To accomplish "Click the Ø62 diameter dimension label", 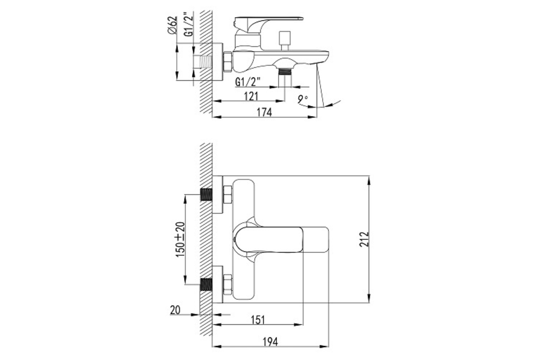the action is [172, 25].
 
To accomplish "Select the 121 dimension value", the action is [251, 97].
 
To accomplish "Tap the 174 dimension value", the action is [264, 112].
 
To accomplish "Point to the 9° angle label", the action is [303, 99].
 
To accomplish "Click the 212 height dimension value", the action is [364, 239].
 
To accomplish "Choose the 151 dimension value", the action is [258, 320].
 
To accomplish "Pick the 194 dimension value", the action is [270, 342].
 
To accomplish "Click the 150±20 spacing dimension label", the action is [180, 239].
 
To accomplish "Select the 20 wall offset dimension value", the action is [175, 310].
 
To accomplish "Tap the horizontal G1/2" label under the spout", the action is [248, 82].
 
